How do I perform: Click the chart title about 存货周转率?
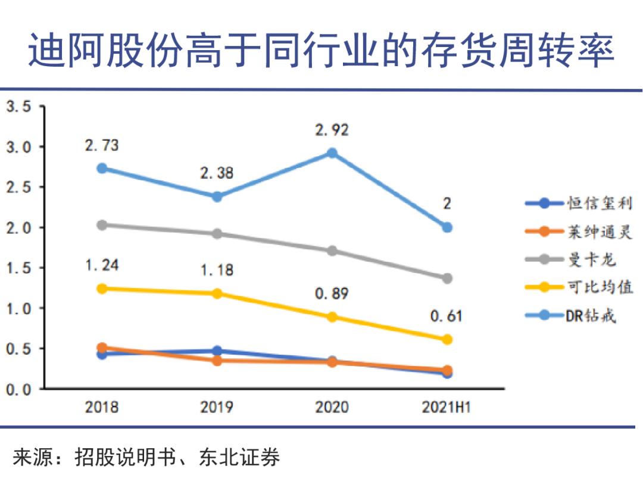coord(321,51)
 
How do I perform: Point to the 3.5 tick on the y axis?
coord(18,107)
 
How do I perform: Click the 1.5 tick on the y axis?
coord(18,268)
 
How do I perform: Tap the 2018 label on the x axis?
coord(102,408)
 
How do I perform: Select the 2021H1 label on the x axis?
coord(447,408)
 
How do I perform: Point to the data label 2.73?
coord(102,145)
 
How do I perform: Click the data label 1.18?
coord(217,271)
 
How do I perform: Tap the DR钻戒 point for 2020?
coord(332,153)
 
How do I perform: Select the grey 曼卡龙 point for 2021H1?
coord(447,278)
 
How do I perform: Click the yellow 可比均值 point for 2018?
coord(102,289)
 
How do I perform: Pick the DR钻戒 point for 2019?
coord(217,197)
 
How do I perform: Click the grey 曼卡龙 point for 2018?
coord(102,225)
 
